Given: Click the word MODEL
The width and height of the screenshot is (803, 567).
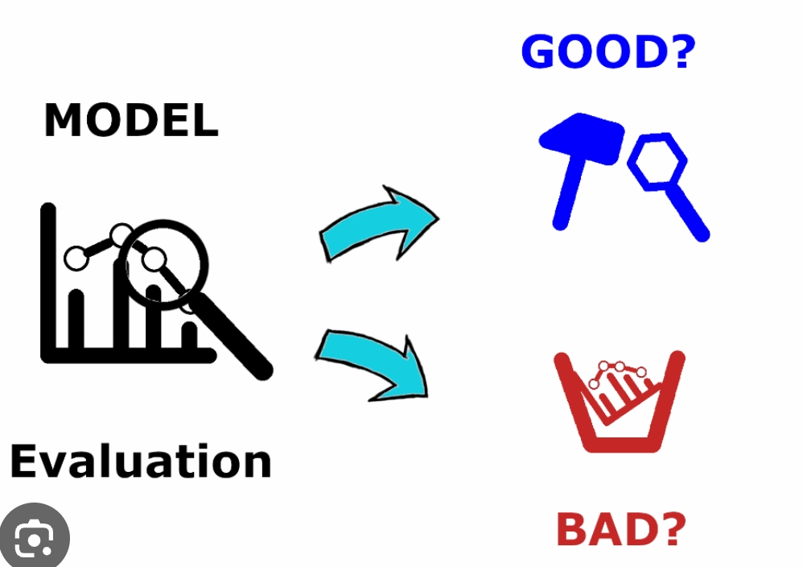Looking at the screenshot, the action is pos(131,121).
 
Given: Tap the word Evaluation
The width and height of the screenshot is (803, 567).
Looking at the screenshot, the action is pos(141,461).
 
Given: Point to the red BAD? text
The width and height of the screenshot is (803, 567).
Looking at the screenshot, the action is pos(621,529).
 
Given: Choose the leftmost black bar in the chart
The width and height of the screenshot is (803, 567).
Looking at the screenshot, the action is pos(77,318).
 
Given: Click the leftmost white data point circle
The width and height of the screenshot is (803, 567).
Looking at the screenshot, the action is pos(76,259).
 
